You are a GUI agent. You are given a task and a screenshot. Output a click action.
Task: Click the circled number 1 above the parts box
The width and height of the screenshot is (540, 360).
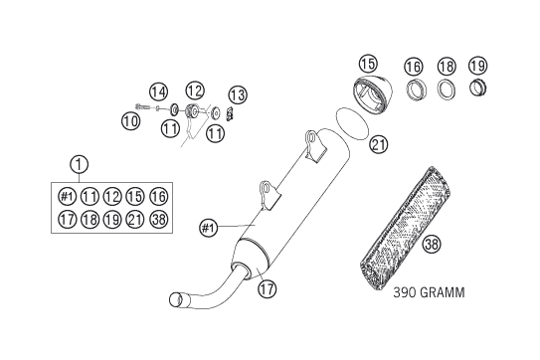(x=79, y=164)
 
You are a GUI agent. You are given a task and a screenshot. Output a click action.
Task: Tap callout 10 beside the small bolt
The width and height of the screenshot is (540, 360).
(x=131, y=121)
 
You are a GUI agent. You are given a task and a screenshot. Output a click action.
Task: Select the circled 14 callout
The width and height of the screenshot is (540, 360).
(x=158, y=91)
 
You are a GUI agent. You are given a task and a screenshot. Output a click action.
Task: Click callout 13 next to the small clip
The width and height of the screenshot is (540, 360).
(x=238, y=94)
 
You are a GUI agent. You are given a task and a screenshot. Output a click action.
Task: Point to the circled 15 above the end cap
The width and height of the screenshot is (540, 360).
(x=368, y=64)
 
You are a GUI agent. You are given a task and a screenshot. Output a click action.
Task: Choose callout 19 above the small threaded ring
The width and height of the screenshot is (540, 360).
(x=478, y=65)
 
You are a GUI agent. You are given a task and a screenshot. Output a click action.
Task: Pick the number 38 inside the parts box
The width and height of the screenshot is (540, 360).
(x=159, y=219)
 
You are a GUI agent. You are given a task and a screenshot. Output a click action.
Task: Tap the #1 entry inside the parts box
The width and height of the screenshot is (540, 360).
(x=67, y=196)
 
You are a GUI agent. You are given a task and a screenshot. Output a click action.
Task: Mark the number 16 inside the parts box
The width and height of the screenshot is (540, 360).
(x=159, y=196)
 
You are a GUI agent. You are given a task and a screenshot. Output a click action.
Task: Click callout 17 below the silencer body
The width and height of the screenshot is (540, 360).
(x=268, y=288)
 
